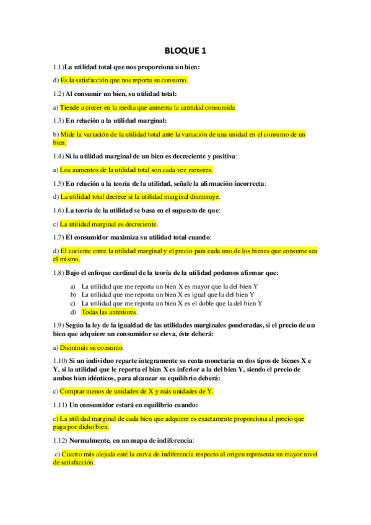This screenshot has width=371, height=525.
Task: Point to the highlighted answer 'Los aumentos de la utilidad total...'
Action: point(136,170)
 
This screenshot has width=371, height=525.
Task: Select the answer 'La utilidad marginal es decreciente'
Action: point(108,223)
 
